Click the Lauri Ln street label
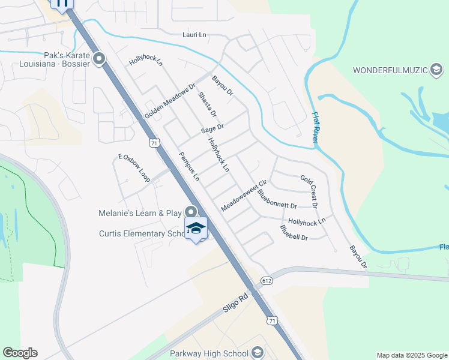coord(194,35)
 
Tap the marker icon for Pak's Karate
coord(99,59)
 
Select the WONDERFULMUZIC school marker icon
coord(436,70)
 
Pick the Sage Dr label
coord(212,128)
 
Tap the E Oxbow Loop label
coord(134,168)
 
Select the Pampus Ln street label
coord(188,166)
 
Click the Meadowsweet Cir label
coord(243,195)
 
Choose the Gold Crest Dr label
coord(309,191)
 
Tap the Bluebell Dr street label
coord(294,233)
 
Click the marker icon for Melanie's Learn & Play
coord(191,212)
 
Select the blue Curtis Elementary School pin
coord(196,228)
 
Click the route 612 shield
coord(267,280)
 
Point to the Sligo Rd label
coord(235,302)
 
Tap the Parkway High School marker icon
coord(258,352)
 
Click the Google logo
coord(20,353)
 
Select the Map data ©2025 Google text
coord(411,355)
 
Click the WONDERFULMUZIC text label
coord(389,70)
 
